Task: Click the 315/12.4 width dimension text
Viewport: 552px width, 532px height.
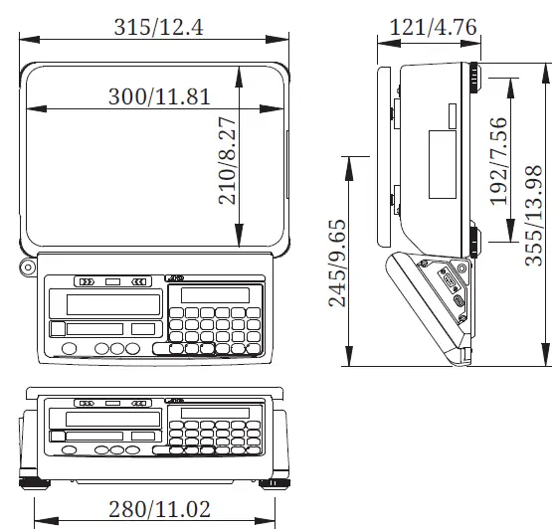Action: tap(158, 28)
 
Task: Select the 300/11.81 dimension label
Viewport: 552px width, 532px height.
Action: tap(159, 96)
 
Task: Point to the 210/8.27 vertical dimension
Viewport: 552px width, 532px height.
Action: tap(227, 161)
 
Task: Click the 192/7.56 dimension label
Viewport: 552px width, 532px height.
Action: tap(498, 161)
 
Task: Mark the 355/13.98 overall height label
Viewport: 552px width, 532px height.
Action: tap(534, 210)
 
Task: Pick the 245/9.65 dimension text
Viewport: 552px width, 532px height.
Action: tap(338, 263)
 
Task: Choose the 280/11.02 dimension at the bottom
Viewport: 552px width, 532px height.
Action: tap(158, 509)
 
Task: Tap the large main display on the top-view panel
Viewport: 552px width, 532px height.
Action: tap(112, 304)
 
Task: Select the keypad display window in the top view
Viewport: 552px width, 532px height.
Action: tap(215, 294)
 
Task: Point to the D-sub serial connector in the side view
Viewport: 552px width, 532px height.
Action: tap(458, 298)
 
